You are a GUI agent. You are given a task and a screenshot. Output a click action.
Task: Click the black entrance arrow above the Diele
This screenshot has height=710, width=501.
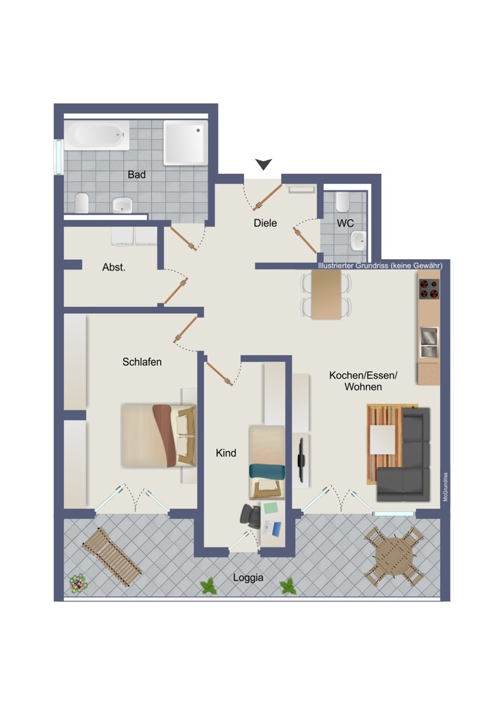(263, 164)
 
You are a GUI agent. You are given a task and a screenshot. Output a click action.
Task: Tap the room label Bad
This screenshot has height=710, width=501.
(137, 175)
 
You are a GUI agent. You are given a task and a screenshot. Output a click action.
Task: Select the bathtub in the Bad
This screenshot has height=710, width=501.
(97, 135)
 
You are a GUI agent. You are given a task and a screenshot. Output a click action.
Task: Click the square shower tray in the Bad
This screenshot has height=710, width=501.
(185, 142)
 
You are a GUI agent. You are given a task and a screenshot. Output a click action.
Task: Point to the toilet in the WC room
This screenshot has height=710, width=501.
(343, 202)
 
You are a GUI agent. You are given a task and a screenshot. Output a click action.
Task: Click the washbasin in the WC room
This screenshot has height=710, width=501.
(359, 241)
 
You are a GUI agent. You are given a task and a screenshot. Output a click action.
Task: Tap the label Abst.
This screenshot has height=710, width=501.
(114, 268)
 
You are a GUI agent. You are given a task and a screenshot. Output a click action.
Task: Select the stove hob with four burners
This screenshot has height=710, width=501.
(429, 289)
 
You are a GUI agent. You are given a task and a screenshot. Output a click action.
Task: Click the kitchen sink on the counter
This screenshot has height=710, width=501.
(429, 342)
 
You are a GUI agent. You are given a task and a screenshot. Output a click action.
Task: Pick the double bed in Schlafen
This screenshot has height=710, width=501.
(158, 436)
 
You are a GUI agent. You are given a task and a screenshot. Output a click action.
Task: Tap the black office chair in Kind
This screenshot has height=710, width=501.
(250, 515)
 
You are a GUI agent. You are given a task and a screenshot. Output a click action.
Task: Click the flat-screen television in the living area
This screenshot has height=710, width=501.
(300, 460)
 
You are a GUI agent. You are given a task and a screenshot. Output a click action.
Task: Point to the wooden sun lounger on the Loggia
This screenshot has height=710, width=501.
(112, 557)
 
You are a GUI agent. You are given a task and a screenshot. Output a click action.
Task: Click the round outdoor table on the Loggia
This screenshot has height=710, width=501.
(394, 556)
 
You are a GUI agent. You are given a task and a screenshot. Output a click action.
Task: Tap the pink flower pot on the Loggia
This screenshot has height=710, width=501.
(78, 583)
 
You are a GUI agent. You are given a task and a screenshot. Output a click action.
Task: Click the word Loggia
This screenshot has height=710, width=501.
(248, 577)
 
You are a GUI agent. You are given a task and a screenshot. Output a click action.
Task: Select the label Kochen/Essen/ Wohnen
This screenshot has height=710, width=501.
(363, 381)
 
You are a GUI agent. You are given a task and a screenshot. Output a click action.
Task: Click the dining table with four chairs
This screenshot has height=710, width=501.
(326, 295)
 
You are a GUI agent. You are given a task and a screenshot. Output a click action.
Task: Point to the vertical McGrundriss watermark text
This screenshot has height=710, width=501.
(446, 487)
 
